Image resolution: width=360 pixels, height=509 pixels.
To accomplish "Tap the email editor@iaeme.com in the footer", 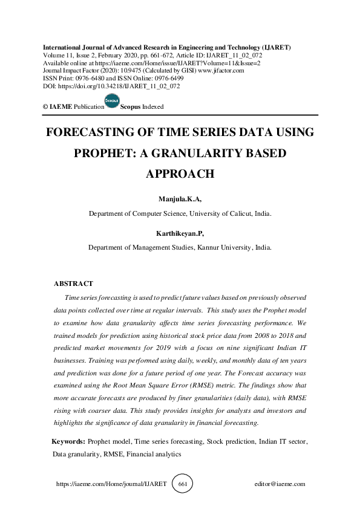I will tap(280, 484).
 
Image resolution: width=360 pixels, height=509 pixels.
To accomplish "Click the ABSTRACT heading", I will tap(73, 284).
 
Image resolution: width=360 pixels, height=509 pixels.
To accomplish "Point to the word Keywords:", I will tap(68, 442).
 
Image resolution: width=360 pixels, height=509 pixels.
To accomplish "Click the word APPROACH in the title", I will tap(180, 174).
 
